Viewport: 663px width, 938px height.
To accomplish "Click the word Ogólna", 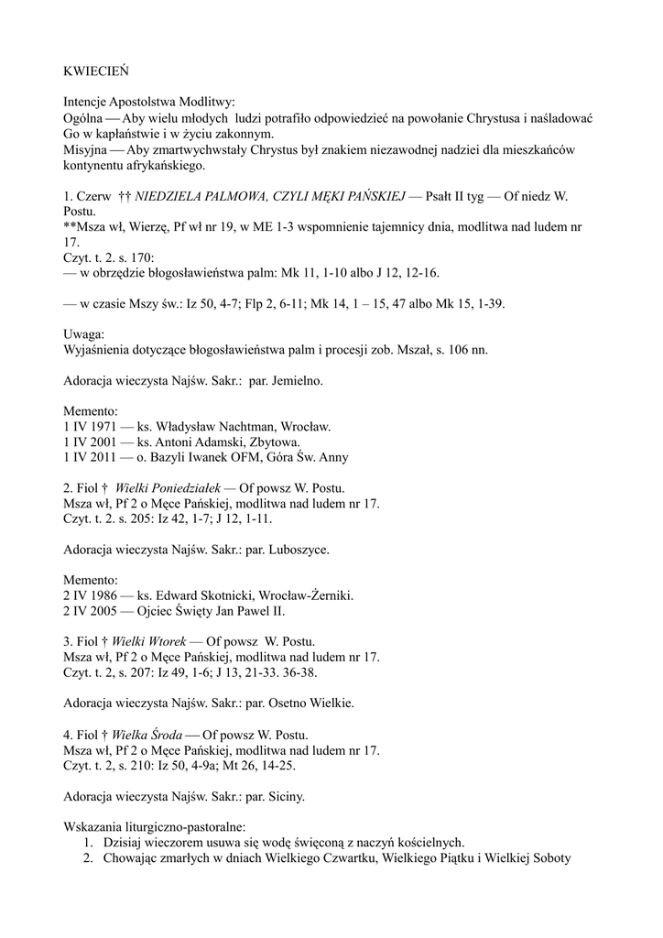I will tap(84, 119).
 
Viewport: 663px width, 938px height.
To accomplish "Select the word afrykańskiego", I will tap(168, 168).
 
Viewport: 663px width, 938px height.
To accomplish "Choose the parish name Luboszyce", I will tap(299, 551).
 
